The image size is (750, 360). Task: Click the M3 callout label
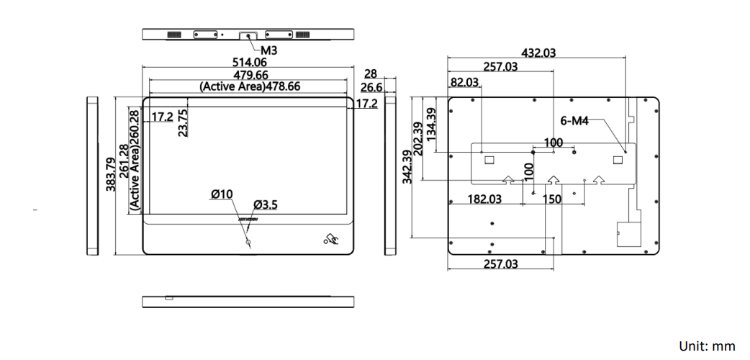[268, 51]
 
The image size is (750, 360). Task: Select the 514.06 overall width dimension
[250, 63]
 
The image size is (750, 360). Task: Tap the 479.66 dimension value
[250, 75]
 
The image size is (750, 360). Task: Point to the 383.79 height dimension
[110, 174]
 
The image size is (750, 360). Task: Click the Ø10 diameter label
[222, 194]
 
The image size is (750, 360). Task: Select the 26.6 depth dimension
[371, 87]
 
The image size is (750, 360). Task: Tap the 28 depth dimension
[371, 74]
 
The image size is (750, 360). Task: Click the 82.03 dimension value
[464, 82]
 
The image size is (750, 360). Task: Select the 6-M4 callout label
[574, 121]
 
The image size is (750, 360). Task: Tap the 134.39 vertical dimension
[431, 124]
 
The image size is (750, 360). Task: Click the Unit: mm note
[707, 346]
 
